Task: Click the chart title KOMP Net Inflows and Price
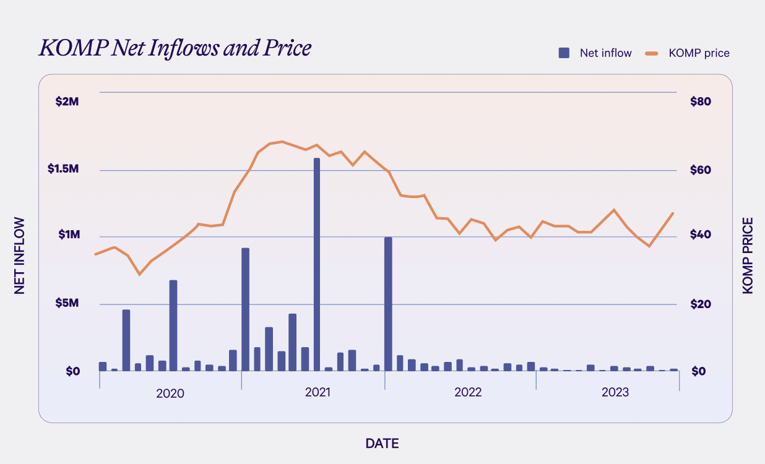(175, 48)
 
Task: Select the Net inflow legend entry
(595, 53)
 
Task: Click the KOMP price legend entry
(688, 53)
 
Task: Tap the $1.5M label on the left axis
(64, 169)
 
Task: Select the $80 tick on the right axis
(701, 101)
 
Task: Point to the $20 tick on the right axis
(701, 304)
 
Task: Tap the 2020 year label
(170, 393)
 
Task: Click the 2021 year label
(318, 392)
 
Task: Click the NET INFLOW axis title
(20, 255)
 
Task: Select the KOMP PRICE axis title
(748, 255)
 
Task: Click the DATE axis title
(382, 443)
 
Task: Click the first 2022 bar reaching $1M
(388, 304)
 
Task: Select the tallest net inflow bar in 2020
(173, 325)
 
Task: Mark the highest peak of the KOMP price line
(282, 142)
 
